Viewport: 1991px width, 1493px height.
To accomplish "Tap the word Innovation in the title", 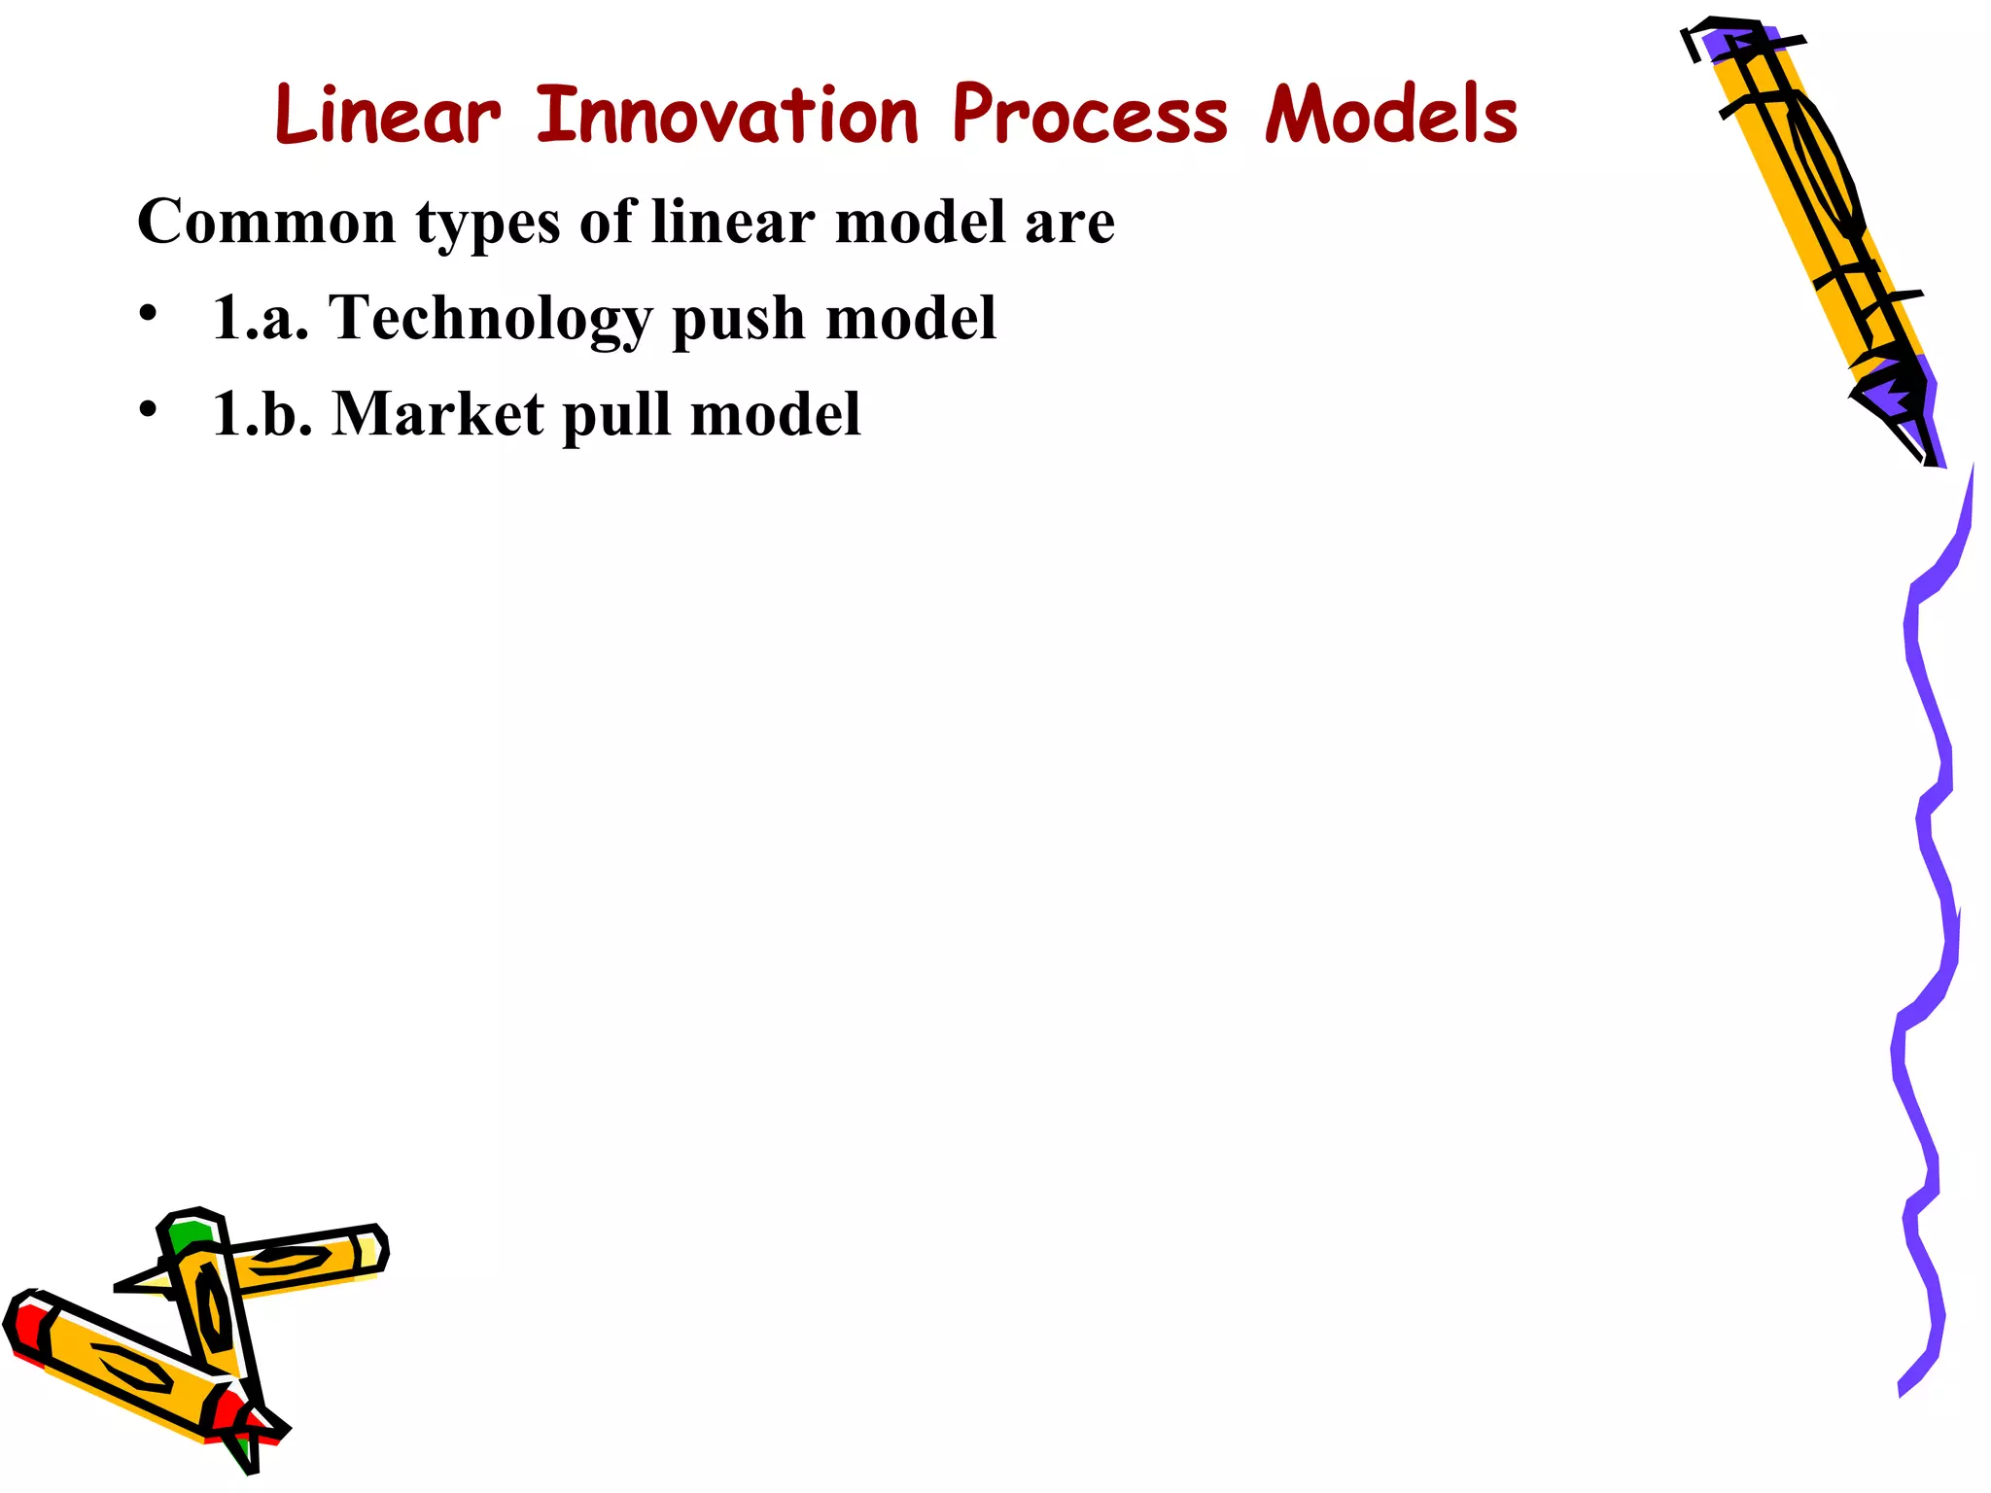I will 727,116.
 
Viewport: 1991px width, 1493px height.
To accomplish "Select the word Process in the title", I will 1090,116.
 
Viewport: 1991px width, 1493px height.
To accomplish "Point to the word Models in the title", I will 1391,116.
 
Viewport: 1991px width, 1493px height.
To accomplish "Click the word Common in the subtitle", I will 266,222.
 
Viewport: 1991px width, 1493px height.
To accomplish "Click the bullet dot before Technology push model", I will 147,315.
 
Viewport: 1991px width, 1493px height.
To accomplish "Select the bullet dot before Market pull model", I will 147,410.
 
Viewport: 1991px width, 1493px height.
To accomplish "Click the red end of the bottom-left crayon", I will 27,1328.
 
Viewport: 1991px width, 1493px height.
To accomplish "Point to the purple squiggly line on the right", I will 1930,875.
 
